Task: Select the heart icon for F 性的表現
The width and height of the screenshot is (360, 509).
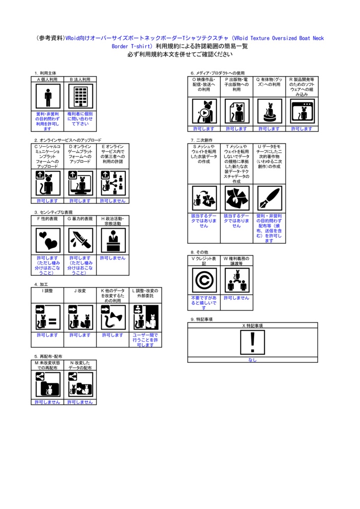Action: tap(48, 240)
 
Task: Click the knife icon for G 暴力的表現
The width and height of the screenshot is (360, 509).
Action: tap(80, 240)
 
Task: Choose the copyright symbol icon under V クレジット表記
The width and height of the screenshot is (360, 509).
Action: tap(204, 280)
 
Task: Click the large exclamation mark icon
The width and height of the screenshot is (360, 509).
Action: tap(253, 342)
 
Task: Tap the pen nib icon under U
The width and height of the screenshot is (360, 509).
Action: tap(270, 199)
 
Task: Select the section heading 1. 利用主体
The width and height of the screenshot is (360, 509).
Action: tap(45, 73)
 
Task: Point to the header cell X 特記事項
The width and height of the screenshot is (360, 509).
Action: tap(253, 325)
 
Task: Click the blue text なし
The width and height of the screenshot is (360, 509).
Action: tap(253, 360)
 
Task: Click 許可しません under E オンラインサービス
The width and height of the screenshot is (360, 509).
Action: tap(113, 201)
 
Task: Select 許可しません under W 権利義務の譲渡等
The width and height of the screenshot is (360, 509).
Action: tap(237, 298)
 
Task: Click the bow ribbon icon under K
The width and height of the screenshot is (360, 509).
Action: tap(113, 317)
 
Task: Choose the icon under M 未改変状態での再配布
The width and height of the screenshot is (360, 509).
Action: tap(48, 384)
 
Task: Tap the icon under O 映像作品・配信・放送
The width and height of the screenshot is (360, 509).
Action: tap(204, 111)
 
